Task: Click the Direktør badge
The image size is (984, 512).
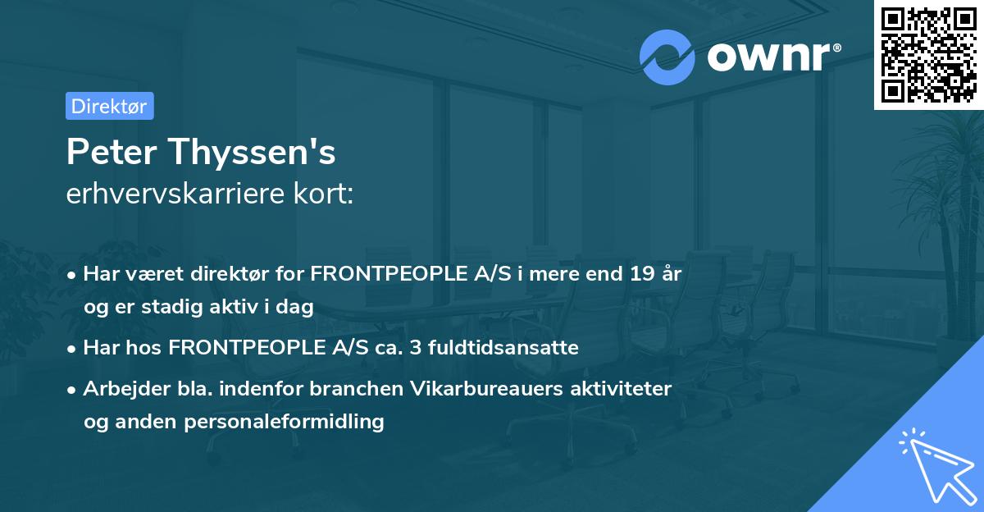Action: [110, 106]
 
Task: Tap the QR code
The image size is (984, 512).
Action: [928, 55]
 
